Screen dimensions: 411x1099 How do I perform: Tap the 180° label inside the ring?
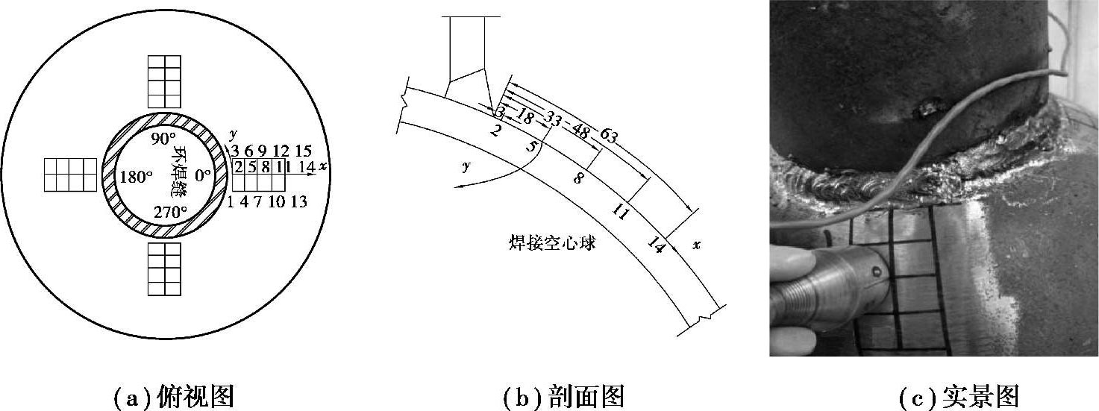[x=136, y=177]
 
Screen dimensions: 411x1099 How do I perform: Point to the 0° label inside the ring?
[x=202, y=177]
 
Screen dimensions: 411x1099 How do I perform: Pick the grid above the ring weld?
[x=165, y=82]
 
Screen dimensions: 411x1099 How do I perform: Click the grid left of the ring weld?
[x=70, y=175]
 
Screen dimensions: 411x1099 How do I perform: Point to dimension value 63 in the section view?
[x=608, y=137]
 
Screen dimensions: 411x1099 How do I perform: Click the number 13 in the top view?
[x=298, y=202]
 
